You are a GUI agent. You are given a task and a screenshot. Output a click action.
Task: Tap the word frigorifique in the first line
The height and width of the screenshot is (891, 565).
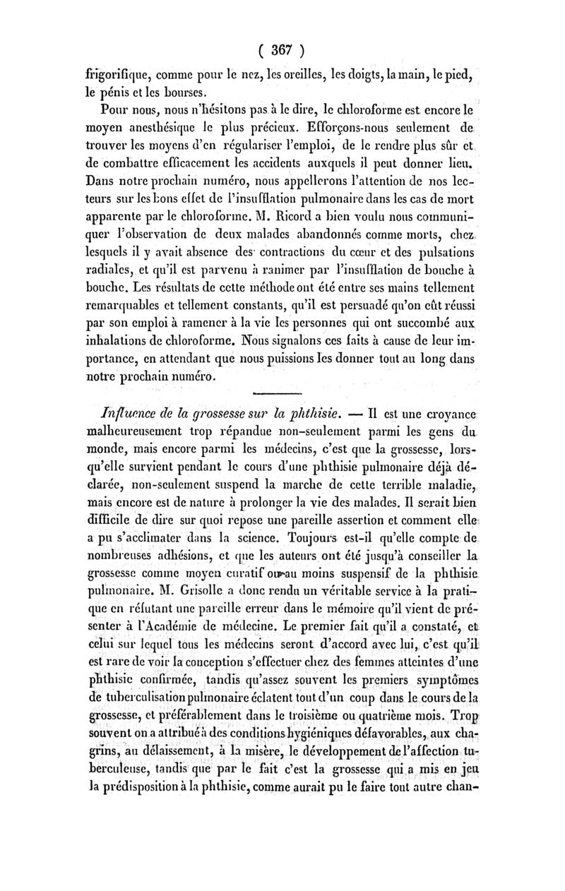(117, 73)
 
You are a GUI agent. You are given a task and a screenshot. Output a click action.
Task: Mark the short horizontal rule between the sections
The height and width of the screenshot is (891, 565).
(282, 393)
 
